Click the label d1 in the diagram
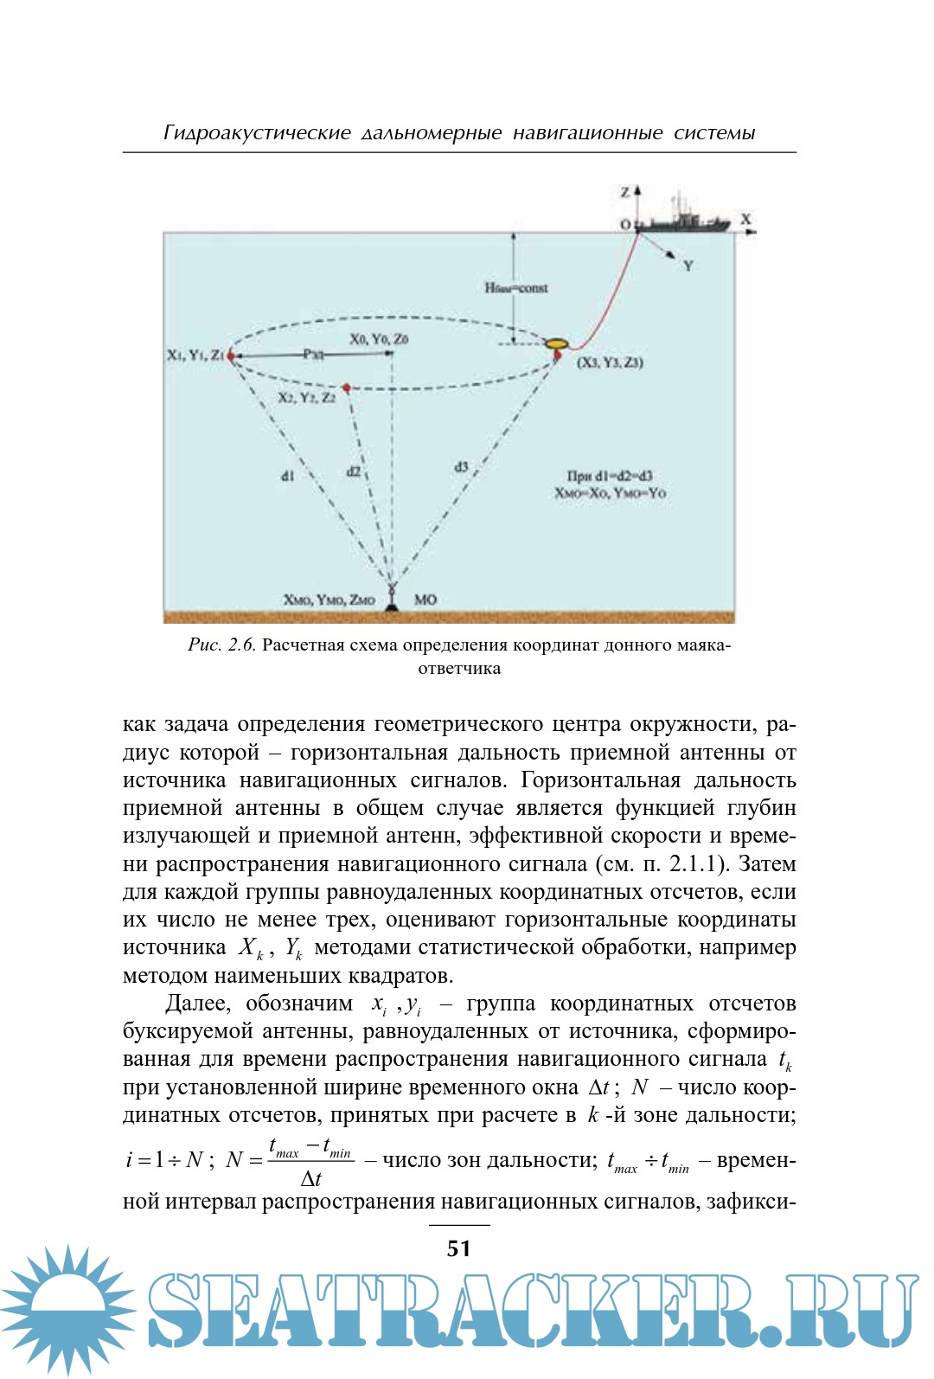(x=288, y=476)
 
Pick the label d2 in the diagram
(x=354, y=471)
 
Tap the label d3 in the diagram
(x=462, y=467)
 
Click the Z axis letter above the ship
(x=625, y=192)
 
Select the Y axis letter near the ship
(x=688, y=266)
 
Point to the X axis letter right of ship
(x=745, y=220)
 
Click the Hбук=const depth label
(x=516, y=288)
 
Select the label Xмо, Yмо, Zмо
(x=329, y=600)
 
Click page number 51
(x=459, y=1248)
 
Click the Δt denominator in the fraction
(x=310, y=1178)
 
